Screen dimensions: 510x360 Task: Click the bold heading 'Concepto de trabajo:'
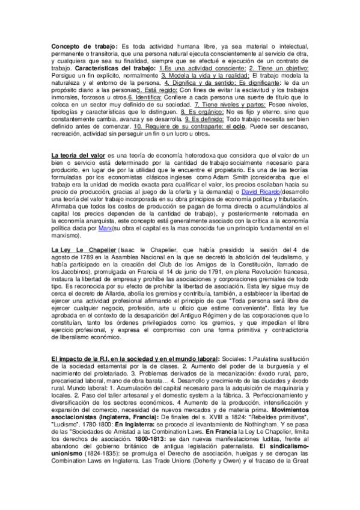(x=84, y=47)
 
